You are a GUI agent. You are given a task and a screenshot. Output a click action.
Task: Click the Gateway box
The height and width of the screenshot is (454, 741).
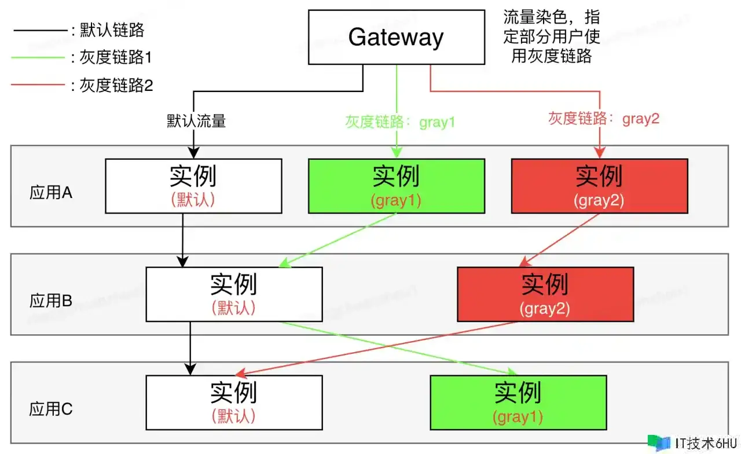click(x=396, y=37)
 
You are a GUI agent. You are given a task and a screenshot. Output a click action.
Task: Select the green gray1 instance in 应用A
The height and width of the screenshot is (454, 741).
click(x=396, y=186)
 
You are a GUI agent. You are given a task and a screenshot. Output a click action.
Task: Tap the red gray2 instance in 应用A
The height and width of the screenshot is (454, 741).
click(x=599, y=186)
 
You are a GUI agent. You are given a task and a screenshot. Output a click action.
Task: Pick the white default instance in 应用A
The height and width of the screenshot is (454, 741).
click(x=193, y=186)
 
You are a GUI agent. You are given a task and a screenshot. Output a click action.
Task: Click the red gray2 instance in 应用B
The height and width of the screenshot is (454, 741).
click(x=545, y=294)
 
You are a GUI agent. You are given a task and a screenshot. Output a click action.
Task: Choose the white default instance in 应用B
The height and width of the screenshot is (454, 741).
click(x=234, y=294)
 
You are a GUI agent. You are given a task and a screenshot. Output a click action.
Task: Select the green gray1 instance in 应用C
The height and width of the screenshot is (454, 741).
click(x=518, y=402)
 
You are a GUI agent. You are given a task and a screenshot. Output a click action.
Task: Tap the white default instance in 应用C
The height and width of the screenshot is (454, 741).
click(x=234, y=402)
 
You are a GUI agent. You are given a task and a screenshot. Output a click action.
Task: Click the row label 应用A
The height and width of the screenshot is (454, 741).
click(x=51, y=193)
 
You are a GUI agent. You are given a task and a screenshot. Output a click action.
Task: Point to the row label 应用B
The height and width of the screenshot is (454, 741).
click(x=51, y=301)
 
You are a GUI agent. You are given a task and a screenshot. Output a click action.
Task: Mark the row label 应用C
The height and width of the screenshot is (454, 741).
click(x=51, y=409)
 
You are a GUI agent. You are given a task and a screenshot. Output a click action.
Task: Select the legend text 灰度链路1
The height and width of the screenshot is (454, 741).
click(x=116, y=57)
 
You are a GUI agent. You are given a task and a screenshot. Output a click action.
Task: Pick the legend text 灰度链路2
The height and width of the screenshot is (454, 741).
click(x=116, y=85)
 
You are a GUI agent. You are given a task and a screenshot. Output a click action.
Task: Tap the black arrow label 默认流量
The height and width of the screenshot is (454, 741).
click(x=196, y=121)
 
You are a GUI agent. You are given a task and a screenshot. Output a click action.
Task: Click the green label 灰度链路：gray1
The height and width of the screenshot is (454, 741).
click(x=400, y=122)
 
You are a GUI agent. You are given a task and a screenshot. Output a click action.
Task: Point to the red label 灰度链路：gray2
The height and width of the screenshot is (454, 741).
click(x=604, y=119)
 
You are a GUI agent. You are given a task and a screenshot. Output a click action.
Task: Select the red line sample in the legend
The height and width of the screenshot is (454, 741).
click(x=38, y=85)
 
